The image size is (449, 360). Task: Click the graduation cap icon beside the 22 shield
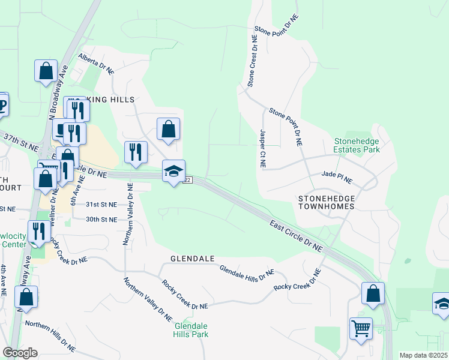pos(173,172)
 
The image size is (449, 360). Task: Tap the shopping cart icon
pos(361,328)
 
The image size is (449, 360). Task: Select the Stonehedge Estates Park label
pos(358,146)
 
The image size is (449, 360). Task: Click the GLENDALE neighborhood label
pos(193,259)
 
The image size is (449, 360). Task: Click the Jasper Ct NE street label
pos(262,148)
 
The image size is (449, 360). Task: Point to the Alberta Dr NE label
pos(95,64)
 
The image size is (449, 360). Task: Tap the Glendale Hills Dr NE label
pos(246,271)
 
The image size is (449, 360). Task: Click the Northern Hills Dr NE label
pos(50,335)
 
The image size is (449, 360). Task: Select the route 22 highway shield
pos(188,181)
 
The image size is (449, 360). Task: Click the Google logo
pos(20,353)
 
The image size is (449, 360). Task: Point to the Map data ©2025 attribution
pos(423,355)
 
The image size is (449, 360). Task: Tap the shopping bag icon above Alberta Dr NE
pos(46,71)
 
